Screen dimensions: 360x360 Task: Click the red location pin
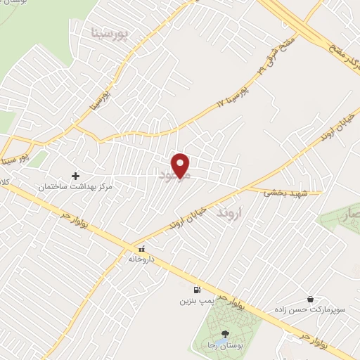181,166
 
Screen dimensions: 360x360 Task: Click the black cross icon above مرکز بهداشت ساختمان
76,176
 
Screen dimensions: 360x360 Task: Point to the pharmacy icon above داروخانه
141,249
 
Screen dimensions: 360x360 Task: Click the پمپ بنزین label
195,301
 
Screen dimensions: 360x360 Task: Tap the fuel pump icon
195,290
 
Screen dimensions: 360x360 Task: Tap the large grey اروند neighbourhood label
229,210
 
